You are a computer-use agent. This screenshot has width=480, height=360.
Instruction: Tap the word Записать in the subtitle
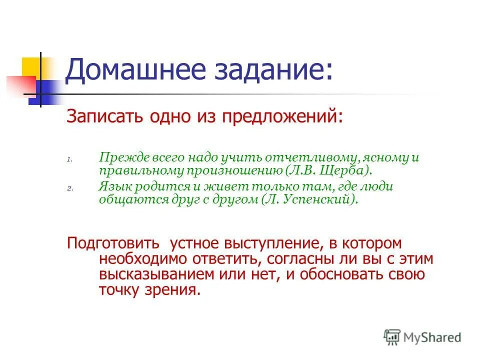(x=103, y=116)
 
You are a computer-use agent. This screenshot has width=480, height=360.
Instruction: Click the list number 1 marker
(x=70, y=160)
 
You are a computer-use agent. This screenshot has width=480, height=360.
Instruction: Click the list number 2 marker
(x=70, y=189)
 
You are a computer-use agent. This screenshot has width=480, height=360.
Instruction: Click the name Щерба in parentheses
(x=346, y=171)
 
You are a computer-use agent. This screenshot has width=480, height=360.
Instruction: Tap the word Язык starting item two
(x=113, y=187)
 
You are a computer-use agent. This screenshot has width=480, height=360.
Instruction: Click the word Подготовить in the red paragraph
(x=113, y=243)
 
